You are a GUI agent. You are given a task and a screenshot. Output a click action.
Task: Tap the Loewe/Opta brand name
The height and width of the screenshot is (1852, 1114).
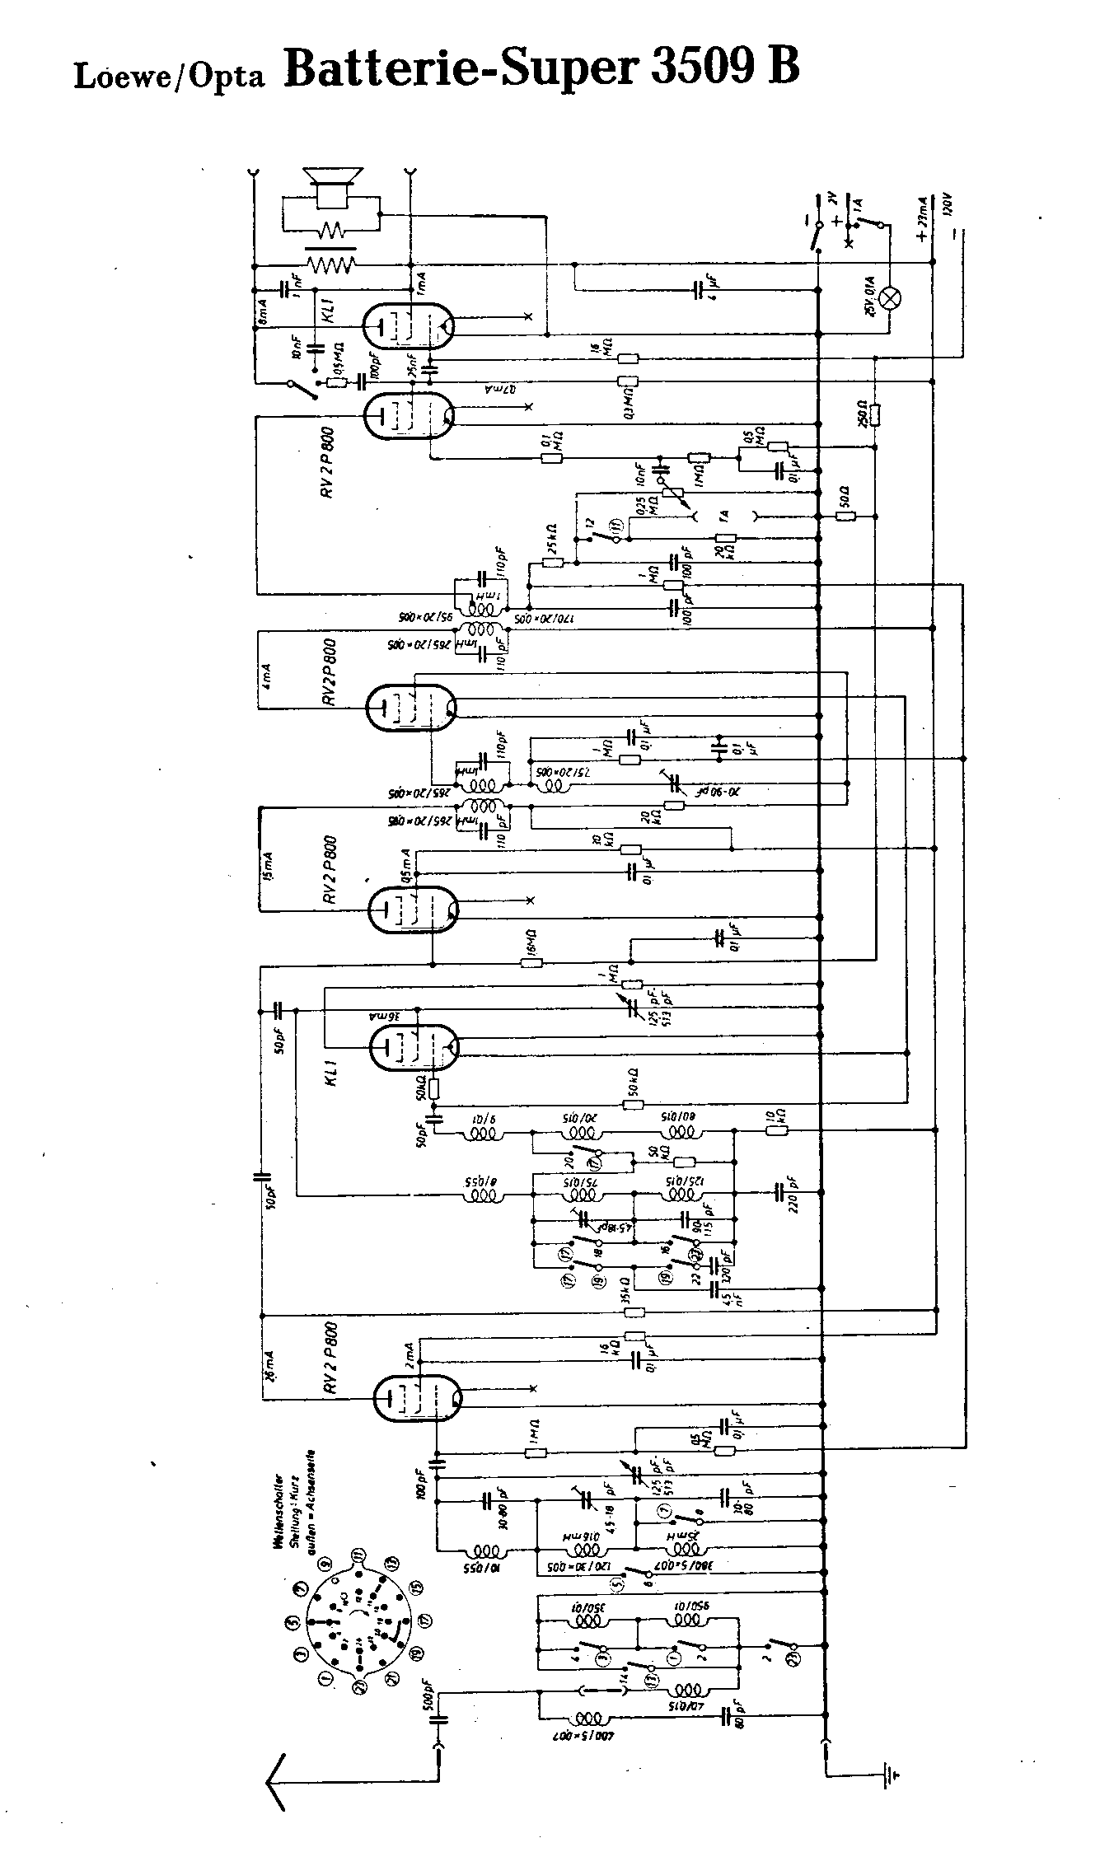pos(169,75)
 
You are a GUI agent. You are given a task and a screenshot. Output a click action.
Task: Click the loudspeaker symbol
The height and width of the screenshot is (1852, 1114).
pos(333,188)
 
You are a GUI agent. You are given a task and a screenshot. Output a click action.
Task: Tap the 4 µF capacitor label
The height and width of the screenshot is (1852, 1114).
pos(711,290)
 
